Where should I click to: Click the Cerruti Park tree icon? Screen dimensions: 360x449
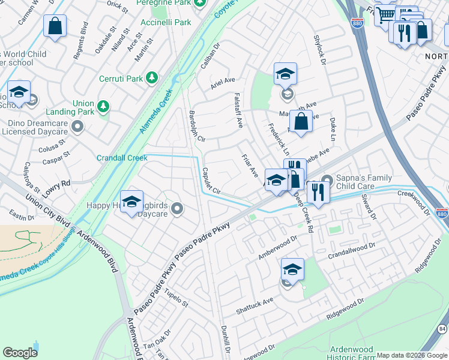coord(153,78)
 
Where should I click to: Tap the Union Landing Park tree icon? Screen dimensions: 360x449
coord(104,106)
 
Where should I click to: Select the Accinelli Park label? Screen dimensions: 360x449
coord(165,23)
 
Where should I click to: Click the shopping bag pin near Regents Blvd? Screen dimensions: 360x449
coord(55,26)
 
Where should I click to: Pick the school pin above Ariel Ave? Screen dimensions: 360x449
coord(286,74)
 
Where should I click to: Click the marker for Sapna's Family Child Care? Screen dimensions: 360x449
coord(327,179)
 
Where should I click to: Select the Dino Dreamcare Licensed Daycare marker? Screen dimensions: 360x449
coord(77,127)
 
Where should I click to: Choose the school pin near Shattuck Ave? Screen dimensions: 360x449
coord(292,269)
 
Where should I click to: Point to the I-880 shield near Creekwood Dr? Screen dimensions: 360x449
coord(441,213)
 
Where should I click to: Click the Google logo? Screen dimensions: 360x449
coord(20,352)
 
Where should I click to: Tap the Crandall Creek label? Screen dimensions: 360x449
coord(122,158)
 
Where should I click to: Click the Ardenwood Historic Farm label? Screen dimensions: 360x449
coord(352,353)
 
